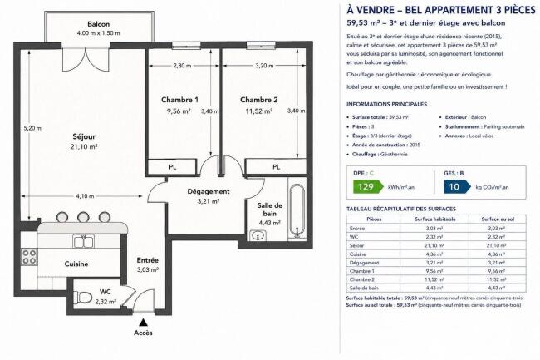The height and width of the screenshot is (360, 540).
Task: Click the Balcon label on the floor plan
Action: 99,24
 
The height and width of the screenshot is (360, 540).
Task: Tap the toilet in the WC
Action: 83,297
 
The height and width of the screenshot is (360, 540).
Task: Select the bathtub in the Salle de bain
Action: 297,211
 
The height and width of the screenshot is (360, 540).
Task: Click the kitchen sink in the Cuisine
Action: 84,241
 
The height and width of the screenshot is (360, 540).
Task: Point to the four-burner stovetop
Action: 28,257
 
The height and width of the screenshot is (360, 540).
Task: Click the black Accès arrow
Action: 143,323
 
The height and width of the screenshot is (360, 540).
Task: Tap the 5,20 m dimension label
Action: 32,128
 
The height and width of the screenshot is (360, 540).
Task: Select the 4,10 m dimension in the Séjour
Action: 85,196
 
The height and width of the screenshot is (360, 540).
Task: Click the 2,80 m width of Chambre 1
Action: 182,66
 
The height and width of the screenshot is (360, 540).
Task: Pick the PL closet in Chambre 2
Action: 276,167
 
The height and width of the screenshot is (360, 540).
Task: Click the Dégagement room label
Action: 209,191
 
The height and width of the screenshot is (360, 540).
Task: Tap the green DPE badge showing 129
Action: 368,187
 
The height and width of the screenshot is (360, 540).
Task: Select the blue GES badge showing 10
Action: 457,187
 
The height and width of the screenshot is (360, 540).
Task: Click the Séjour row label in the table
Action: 356,245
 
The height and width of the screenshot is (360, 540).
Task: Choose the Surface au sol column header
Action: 498,219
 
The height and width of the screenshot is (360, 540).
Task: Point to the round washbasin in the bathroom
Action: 258,235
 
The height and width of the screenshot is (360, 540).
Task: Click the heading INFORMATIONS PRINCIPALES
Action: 386,104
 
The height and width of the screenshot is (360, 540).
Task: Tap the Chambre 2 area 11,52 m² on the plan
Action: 259,111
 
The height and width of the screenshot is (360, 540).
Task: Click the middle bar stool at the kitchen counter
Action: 83,217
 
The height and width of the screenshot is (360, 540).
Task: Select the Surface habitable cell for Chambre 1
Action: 434,271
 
